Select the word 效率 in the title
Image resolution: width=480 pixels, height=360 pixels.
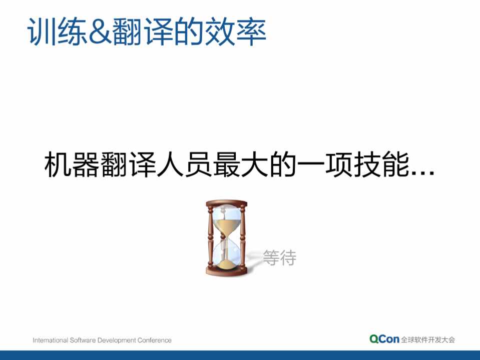pos(235,31)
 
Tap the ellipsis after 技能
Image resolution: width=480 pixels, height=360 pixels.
pos(423,172)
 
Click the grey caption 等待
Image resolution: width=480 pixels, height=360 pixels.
pos(279,257)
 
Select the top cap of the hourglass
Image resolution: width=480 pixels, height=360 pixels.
pos(226,203)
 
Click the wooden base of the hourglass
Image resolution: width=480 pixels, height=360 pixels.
pos(227,271)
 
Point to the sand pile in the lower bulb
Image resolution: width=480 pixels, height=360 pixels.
pos(227,264)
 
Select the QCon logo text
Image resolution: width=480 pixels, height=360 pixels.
pos(384,339)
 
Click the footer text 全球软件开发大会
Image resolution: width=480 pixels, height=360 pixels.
pos(428,339)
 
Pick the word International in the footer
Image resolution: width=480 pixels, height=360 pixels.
pos(51,340)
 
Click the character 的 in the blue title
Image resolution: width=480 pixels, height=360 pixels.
pos(190,31)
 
